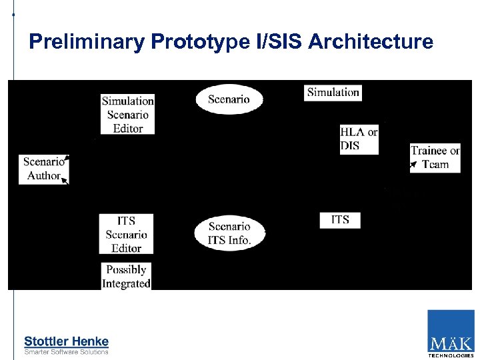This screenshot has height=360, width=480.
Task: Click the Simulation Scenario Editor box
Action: [127, 114]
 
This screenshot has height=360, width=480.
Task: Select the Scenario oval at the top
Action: [229, 99]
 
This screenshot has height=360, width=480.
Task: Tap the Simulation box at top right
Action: [333, 93]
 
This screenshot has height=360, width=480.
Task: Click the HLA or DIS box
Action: [359, 139]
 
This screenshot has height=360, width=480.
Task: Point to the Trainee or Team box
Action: [435, 157]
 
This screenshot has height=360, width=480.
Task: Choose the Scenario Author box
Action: [44, 169]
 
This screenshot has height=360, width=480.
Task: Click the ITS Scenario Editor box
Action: [126, 234]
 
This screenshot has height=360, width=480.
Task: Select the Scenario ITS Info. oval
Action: [229, 233]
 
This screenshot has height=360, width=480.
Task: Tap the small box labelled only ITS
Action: [339, 219]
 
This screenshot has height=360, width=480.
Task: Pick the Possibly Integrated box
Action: [126, 277]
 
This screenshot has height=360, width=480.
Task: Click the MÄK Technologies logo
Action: [451, 334]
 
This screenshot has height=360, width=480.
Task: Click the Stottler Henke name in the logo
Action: [66, 341]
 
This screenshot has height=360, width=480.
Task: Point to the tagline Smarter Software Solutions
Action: [66, 351]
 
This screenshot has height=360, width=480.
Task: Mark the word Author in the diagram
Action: [44, 176]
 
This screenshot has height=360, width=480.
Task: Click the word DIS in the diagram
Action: [350, 145]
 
